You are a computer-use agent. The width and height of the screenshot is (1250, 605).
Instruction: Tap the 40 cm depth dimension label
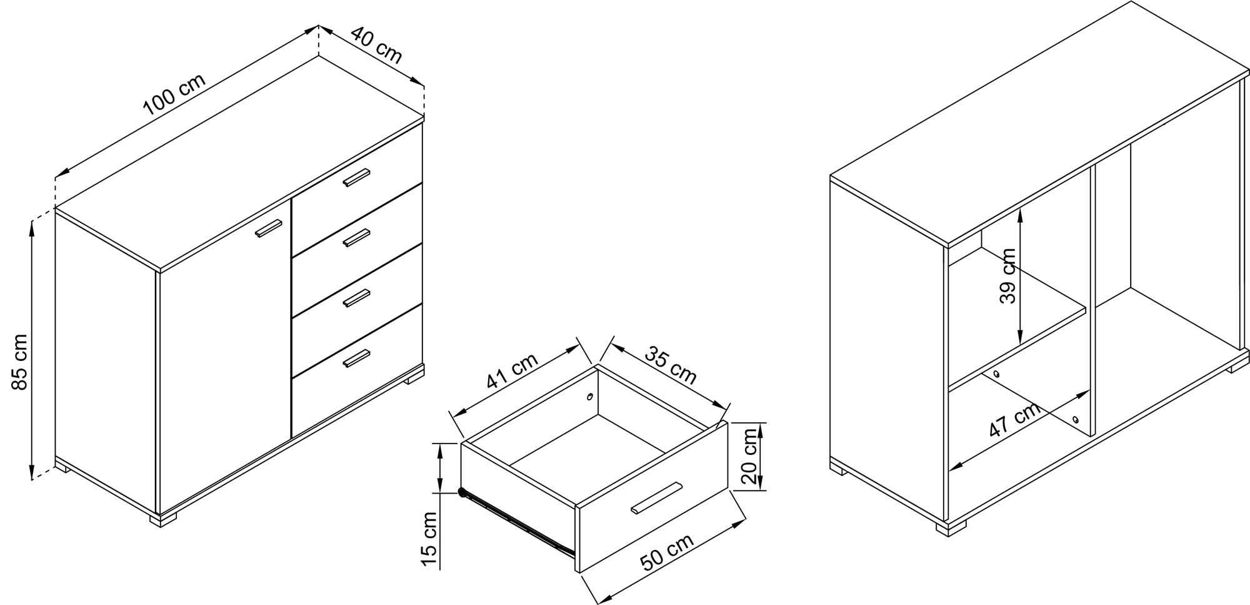pos(376,44)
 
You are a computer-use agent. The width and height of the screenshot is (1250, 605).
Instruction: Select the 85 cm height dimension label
pos(19,362)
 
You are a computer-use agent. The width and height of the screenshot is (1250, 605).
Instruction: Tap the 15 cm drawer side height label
pos(429,539)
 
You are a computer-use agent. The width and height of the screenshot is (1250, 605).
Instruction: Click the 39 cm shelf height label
pos(1007,276)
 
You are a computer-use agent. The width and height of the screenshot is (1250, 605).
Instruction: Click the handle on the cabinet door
pos(269,228)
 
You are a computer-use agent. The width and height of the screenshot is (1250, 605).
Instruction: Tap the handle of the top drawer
pos(357,178)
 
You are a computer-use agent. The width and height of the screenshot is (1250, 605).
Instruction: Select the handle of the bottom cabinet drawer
pos(357,358)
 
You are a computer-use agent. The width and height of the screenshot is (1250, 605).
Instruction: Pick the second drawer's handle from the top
pos(357,238)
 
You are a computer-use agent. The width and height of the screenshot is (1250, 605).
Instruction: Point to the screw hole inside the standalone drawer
pos(590,397)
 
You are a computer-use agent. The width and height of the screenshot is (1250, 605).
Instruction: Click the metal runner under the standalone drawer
pos(517,523)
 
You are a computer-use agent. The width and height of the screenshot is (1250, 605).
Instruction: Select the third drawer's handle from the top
pos(357,298)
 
